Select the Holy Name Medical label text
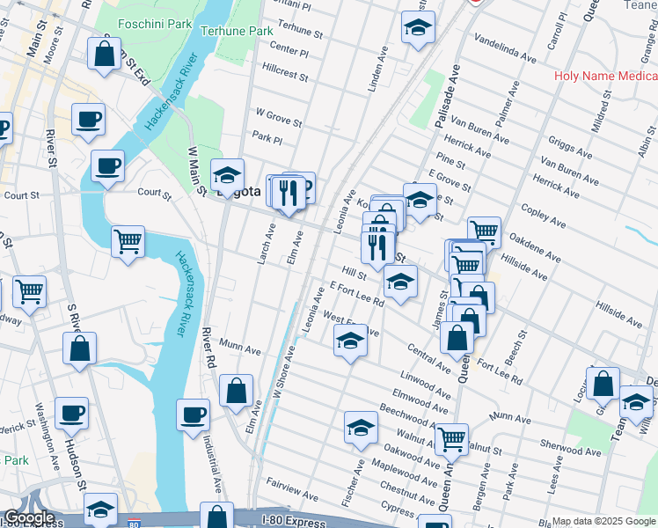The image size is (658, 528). click(605, 76)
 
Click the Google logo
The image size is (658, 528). click(28, 517)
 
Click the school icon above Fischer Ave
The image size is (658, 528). click(361, 428)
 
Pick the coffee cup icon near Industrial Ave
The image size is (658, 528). click(194, 415)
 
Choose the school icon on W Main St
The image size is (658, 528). click(228, 174)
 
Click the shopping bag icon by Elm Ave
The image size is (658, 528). click(237, 391)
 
